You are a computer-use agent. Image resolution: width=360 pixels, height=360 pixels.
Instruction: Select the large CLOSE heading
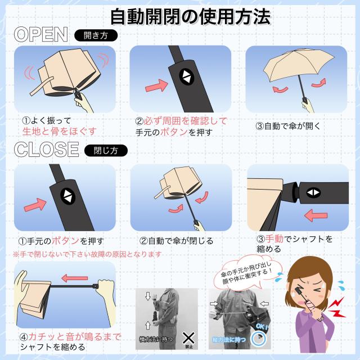click(x=46, y=150)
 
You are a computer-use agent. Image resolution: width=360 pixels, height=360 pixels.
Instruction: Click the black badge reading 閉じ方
click(x=106, y=150)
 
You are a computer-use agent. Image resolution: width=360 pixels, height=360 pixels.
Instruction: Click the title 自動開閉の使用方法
click(x=190, y=16)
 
